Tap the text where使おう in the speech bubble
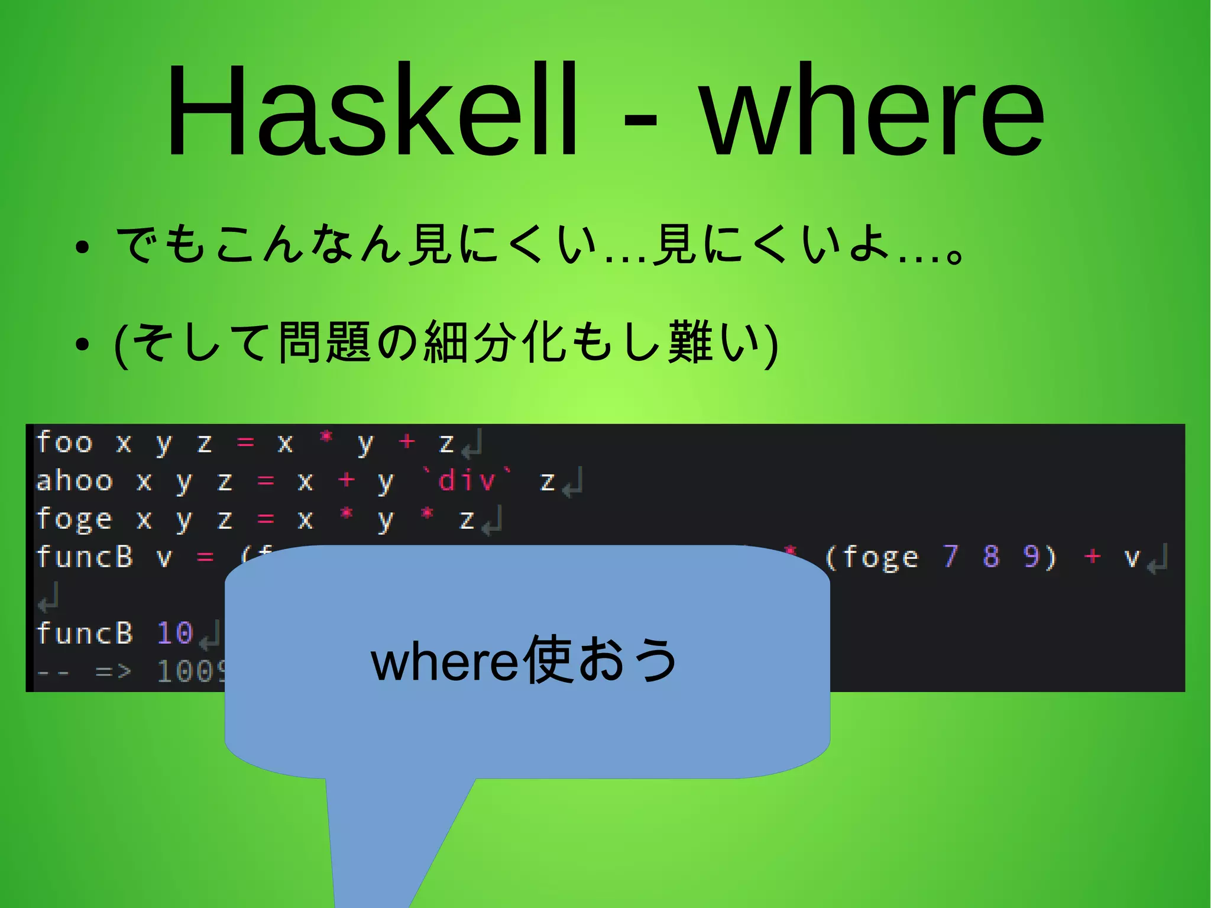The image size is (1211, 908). pyautogui.click(x=524, y=660)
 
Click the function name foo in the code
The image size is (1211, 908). pyautogui.click(x=65, y=442)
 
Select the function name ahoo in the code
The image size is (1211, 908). pyautogui.click(x=75, y=481)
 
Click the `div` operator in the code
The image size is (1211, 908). pyautogui.click(x=467, y=480)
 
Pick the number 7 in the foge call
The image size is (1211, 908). pyautogui.click(x=950, y=557)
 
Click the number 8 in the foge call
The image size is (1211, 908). pyautogui.click(x=991, y=557)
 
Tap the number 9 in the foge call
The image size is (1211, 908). pyautogui.click(x=1031, y=557)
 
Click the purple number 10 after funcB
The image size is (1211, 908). pyautogui.click(x=175, y=633)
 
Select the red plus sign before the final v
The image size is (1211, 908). pyautogui.click(x=1092, y=556)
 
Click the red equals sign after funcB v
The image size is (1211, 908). pyautogui.click(x=205, y=557)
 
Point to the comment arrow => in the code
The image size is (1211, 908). pyautogui.click(x=114, y=671)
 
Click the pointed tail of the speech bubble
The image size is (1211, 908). pyautogui.click(x=378, y=858)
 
